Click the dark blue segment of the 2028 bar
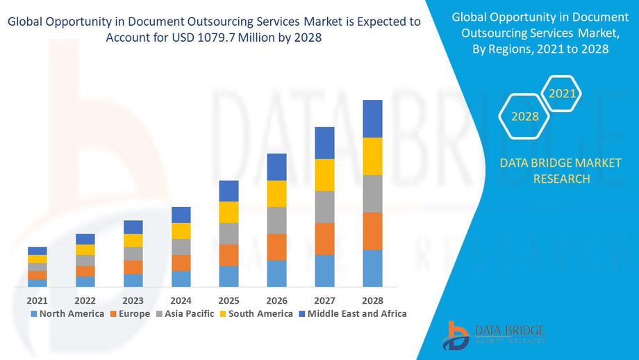pos(372,119)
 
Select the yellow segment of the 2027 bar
pos(324,175)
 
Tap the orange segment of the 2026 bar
pos(276,247)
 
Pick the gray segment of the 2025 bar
pos(229,234)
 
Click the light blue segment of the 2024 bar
pos(181,279)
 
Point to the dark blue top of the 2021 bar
pos(38,251)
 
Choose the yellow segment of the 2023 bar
pos(133,240)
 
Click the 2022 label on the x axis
pos(85,301)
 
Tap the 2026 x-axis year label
pos(276,301)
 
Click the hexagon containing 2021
pos(562,93)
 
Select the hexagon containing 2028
pos(525,116)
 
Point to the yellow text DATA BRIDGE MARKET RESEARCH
pos(546,170)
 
